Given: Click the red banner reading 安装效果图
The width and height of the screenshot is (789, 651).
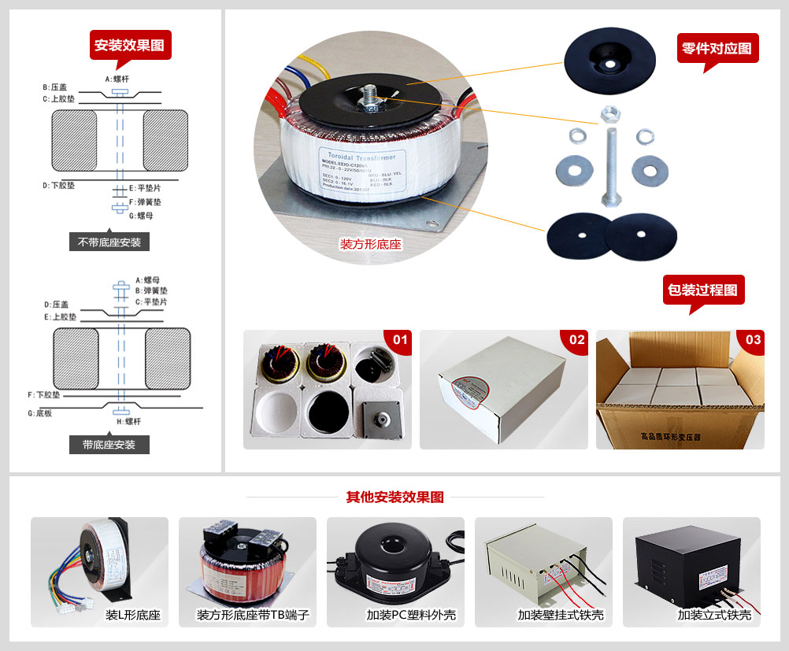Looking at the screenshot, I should click(130, 45).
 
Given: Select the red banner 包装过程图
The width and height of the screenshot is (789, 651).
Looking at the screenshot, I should click(703, 290).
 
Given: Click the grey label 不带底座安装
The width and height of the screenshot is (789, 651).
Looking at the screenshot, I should click(109, 242).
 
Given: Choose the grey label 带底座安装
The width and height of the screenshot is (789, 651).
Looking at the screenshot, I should click(109, 445).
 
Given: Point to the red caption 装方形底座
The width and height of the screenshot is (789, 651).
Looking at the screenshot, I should click(370, 245).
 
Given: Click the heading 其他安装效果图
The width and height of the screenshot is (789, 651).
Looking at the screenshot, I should click(395, 497).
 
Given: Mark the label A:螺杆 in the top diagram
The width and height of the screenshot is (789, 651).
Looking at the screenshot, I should click(117, 80).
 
